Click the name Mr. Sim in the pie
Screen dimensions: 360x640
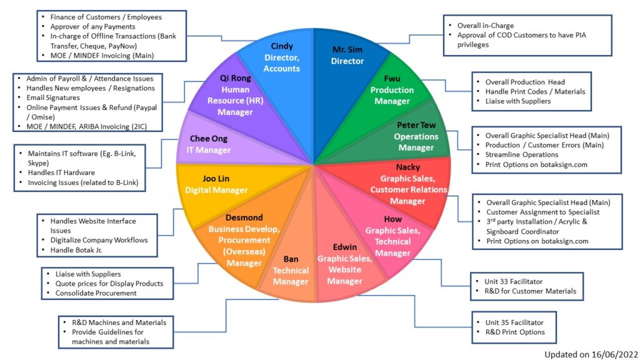tap(347, 49)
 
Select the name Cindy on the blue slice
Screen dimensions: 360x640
tap(282, 46)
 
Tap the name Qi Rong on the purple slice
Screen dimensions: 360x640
tap(235, 78)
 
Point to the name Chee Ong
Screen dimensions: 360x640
tap(209, 138)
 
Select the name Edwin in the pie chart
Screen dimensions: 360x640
tap(344, 247)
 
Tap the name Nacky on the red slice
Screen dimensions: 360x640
tap(407, 167)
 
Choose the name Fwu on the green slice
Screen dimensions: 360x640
tap(392, 79)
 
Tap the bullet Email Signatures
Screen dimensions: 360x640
tap(53, 98)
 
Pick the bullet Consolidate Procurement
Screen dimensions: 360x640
tap(96, 292)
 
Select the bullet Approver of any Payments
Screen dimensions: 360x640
tap(93, 26)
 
